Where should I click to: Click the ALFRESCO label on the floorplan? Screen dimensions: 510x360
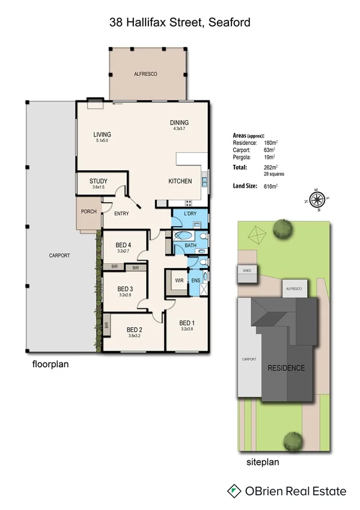click(x=145, y=73)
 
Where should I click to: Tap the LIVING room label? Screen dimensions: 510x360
click(x=102, y=134)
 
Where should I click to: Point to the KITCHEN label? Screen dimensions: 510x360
click(x=180, y=181)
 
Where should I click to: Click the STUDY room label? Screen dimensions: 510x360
click(x=99, y=181)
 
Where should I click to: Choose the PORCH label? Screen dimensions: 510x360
click(x=89, y=211)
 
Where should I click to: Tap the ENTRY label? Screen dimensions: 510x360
click(x=122, y=214)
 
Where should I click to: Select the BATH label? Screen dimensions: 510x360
click(x=191, y=245)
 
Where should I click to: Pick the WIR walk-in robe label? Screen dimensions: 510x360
click(x=178, y=280)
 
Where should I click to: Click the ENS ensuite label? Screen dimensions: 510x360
click(x=195, y=280)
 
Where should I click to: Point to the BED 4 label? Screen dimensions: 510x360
click(x=123, y=245)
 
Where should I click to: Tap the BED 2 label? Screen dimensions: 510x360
click(x=134, y=329)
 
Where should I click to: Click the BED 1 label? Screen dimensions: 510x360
click(x=187, y=322)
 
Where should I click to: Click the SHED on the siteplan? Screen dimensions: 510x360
click(x=246, y=271)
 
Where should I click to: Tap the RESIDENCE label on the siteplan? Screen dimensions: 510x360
click(x=285, y=368)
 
